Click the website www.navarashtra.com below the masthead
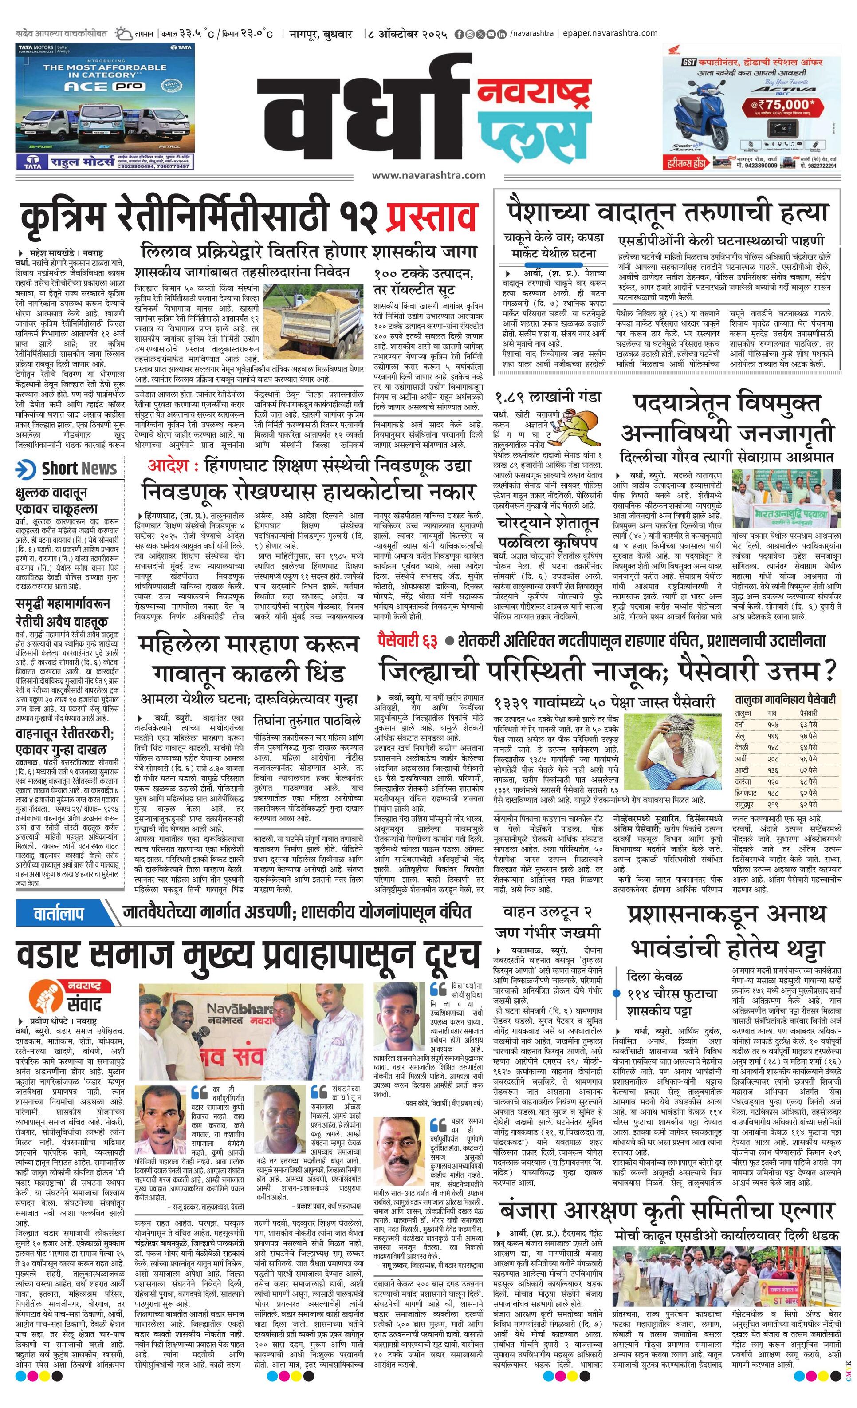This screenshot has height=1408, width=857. [428, 175]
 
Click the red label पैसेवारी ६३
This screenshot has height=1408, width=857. [407, 641]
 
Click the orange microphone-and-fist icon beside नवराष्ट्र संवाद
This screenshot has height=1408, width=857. [43, 995]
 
